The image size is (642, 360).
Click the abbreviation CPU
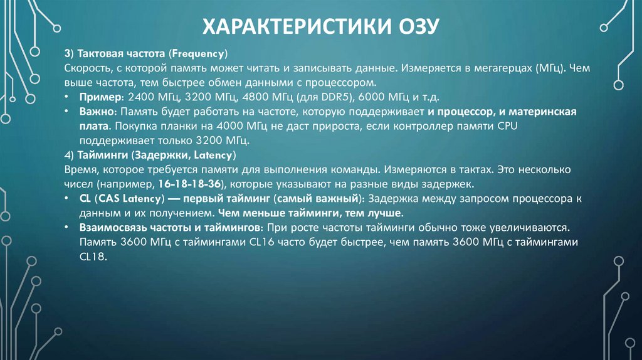click(471, 126)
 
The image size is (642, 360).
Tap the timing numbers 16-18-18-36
click(192, 185)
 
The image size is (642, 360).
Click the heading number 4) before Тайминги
click(69, 155)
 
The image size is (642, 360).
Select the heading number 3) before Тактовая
click(69, 53)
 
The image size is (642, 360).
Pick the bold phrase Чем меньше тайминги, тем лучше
click(309, 213)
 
